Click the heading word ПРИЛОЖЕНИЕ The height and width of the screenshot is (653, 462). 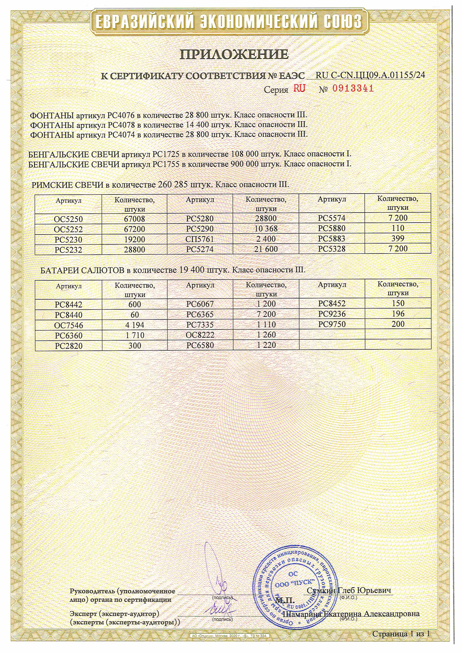point(234,54)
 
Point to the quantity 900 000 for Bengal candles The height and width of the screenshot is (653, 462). point(244,164)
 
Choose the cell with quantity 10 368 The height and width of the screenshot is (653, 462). point(266,229)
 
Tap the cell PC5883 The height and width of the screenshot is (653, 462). point(332,239)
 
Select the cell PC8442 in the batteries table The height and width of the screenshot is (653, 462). point(69,305)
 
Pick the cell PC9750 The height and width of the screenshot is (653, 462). point(332,324)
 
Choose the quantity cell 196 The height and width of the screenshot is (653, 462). point(398,314)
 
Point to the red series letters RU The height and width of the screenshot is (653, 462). point(299,88)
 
